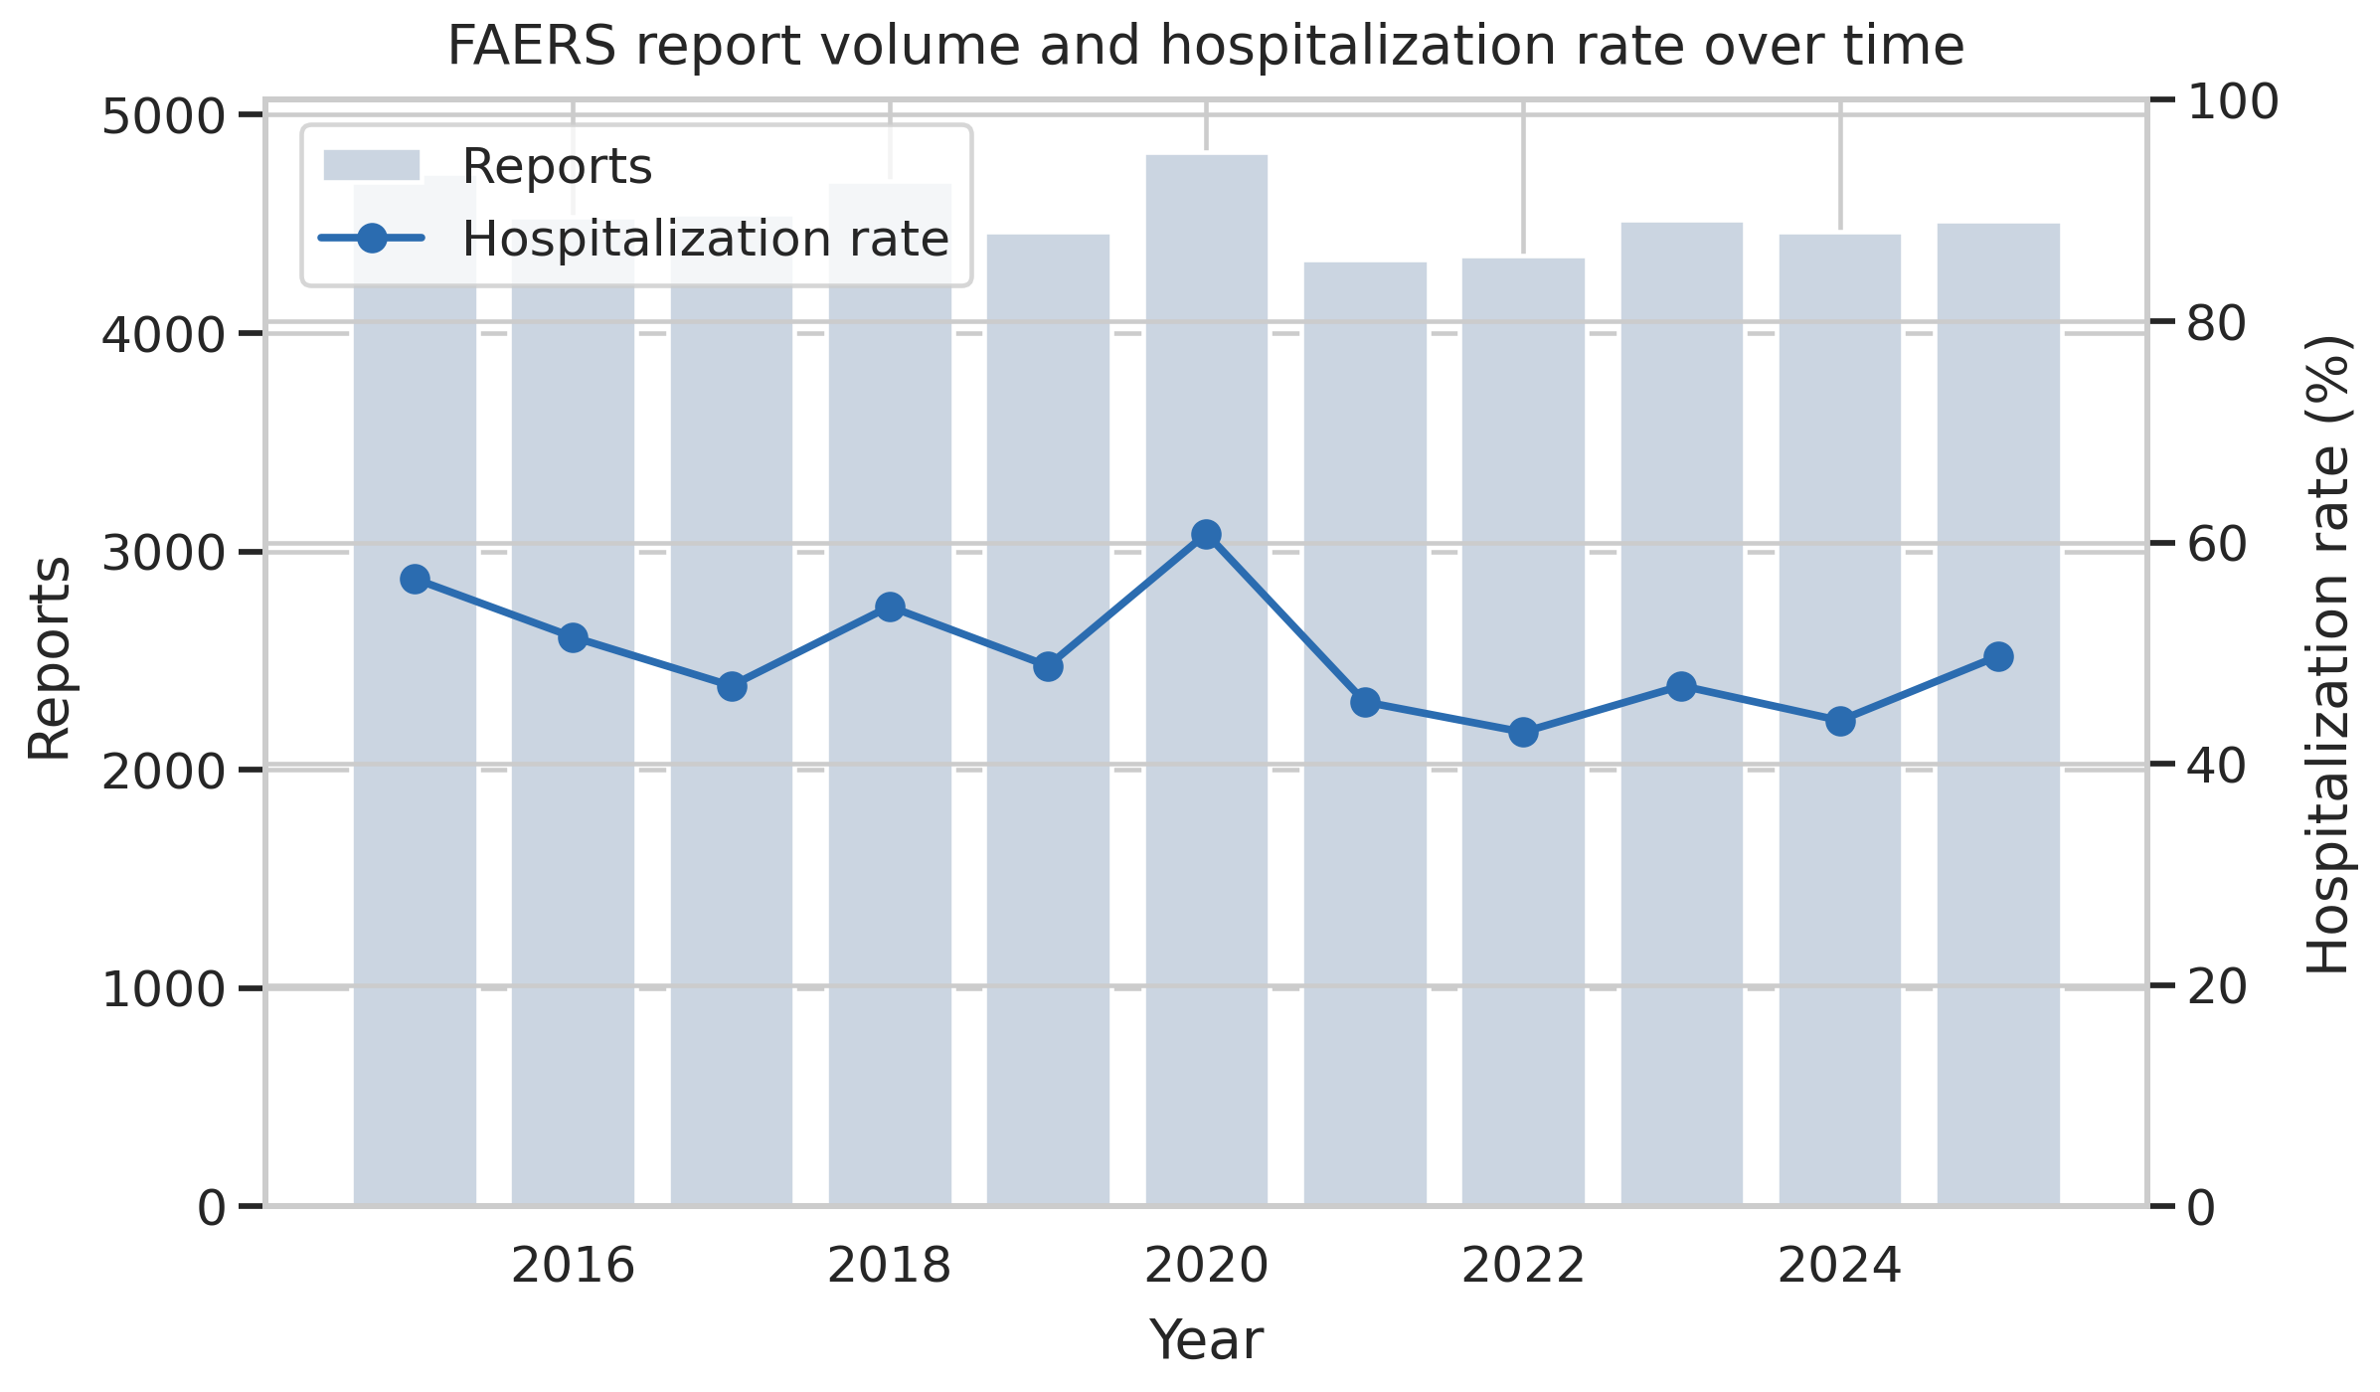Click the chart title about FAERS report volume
point(1205,47)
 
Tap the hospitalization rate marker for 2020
point(1206,535)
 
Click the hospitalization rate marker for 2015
point(415,580)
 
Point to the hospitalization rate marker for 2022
point(1523,733)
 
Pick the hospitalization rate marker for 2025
point(1998,656)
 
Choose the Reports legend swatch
point(372,166)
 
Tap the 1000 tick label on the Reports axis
point(164,989)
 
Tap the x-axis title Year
point(1206,1339)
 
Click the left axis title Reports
point(50,658)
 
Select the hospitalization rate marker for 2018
point(890,608)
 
